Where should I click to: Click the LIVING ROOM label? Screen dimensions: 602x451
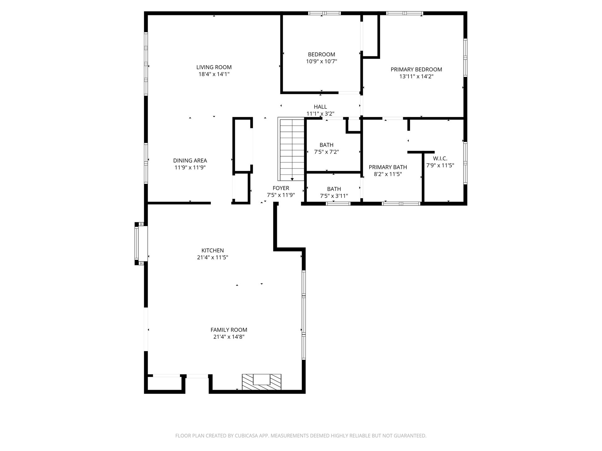214,67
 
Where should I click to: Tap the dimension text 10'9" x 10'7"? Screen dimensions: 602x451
321,61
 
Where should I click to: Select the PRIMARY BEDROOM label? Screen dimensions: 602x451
416,70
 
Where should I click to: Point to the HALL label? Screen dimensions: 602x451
320,107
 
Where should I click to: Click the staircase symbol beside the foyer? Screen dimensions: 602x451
291,149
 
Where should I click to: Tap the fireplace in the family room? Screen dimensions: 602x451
261,382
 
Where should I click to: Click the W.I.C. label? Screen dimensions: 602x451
440,158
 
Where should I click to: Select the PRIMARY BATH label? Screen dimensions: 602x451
388,167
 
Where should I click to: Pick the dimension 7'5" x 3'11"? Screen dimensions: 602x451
334,196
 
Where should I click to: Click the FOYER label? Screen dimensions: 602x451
281,188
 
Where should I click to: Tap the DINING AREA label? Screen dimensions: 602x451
190,161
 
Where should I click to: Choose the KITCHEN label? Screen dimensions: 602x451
213,251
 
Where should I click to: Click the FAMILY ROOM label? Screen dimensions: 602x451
229,330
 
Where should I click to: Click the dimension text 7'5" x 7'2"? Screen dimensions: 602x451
326,152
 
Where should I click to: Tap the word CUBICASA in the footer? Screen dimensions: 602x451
247,436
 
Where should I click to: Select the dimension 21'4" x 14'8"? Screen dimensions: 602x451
229,337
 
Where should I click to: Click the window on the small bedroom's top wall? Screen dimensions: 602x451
324,13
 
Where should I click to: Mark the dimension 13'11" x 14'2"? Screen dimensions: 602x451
416,76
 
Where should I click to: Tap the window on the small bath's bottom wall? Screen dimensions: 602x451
338,204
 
